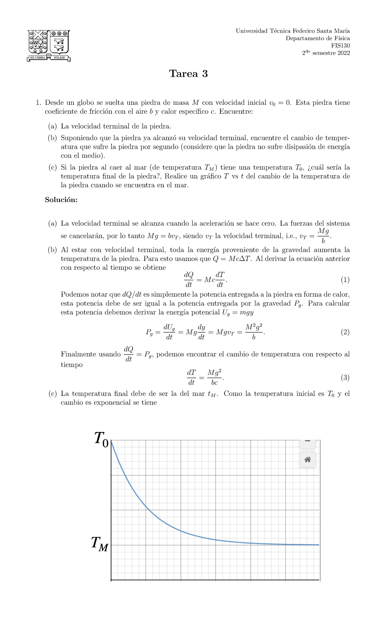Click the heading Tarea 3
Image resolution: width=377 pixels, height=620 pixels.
[x=188, y=74]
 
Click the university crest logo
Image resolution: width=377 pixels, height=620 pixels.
[x=49, y=46]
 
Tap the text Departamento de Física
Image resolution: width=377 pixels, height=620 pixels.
[x=317, y=38]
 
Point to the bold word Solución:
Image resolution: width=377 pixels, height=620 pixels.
[x=61, y=200]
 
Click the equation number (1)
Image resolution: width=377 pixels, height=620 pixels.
[x=345, y=280]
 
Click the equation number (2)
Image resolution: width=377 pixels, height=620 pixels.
[x=345, y=332]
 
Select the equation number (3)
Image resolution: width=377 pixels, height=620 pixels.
[x=345, y=377]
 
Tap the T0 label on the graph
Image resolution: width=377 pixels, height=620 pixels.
[x=101, y=438]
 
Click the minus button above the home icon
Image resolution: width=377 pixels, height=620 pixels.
[x=308, y=442]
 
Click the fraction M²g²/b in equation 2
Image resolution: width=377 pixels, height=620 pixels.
[x=254, y=332]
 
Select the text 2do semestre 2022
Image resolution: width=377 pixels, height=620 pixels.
[x=326, y=53]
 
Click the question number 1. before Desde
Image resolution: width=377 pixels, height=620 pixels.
[x=38, y=103]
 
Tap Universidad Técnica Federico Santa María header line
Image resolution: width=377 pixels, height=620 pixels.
[x=292, y=31]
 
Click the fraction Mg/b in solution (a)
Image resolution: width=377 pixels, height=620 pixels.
[x=323, y=236]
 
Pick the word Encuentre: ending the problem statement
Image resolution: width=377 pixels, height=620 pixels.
[x=236, y=111]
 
